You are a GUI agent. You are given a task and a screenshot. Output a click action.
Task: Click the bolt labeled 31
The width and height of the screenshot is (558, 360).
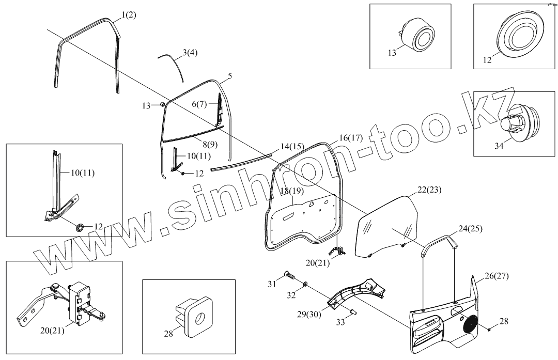[x=288, y=276]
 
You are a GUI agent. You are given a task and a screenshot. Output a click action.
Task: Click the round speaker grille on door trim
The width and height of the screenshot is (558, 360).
[x=471, y=323]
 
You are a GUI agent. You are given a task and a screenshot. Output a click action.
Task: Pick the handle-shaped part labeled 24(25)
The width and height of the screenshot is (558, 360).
[x=440, y=242]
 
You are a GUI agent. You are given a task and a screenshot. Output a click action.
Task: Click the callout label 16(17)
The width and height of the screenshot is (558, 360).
[x=351, y=138]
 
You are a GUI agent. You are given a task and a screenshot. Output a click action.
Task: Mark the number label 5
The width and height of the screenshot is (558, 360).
[x=230, y=76]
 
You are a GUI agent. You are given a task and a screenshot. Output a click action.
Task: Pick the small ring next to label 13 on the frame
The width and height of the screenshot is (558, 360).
[x=163, y=105]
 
